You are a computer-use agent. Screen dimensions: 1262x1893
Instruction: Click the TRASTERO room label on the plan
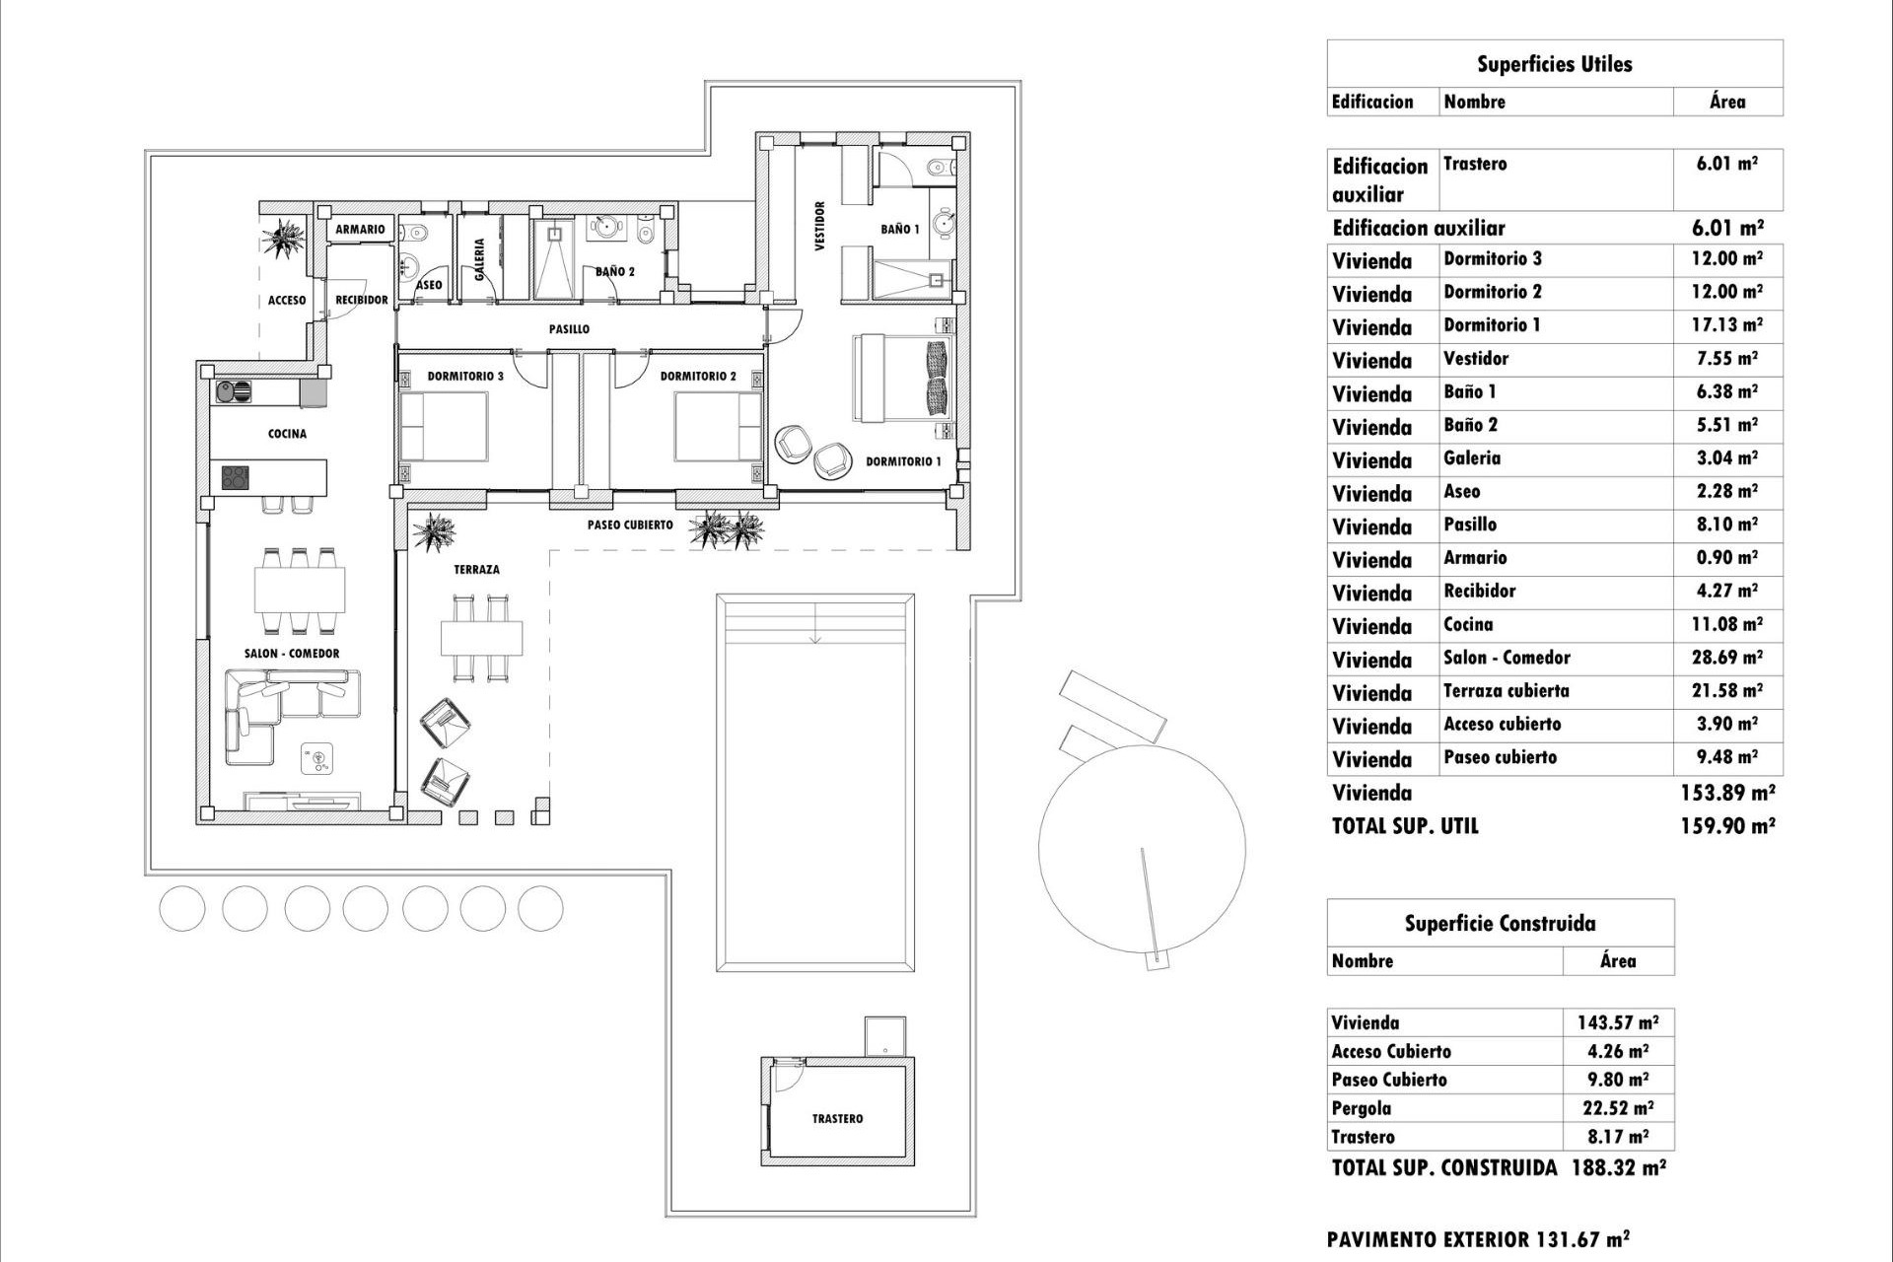click(837, 1119)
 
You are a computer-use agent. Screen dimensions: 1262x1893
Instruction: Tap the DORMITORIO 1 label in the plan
click(903, 461)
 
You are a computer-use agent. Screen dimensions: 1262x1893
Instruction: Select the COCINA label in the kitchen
click(287, 434)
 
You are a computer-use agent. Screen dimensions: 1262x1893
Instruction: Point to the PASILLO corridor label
click(569, 329)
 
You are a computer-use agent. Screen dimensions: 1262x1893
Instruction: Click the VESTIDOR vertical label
click(820, 227)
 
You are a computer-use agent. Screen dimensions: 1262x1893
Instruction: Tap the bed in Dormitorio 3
click(444, 426)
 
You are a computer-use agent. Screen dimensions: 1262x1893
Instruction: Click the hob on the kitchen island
click(236, 478)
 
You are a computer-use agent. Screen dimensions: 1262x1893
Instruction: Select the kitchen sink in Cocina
click(234, 392)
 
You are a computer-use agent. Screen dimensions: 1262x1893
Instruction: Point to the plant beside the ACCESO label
click(287, 239)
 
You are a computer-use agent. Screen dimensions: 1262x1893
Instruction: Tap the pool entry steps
click(814, 621)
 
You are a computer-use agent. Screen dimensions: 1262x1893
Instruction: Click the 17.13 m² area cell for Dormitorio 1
click(1726, 325)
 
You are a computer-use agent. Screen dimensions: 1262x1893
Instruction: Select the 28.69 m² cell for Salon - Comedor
click(1726, 658)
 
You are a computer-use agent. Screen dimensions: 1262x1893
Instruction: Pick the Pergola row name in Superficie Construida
click(1361, 1108)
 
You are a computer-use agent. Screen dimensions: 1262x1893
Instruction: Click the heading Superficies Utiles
click(1554, 65)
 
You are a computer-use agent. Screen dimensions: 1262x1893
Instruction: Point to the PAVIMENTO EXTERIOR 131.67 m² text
click(1477, 1239)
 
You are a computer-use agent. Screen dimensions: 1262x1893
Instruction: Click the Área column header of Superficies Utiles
click(1726, 102)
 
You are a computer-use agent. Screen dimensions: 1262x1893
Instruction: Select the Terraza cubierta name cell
click(1506, 691)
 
